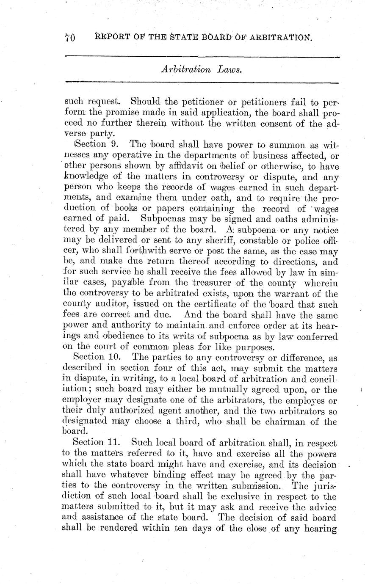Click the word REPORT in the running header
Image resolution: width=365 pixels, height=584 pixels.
point(111,38)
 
